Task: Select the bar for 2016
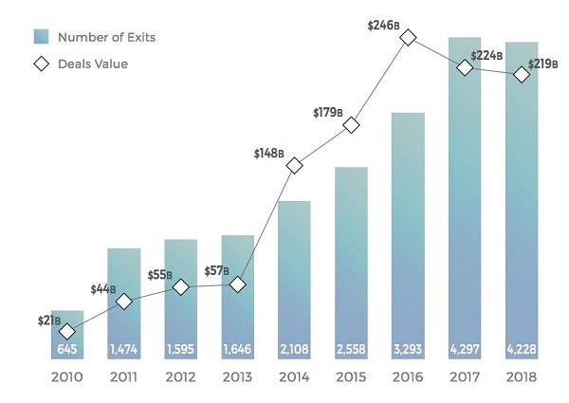point(408,237)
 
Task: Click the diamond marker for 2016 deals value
point(408,37)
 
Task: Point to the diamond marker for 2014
point(294,165)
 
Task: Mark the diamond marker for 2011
point(123,302)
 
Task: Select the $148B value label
point(268,152)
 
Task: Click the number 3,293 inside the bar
point(408,348)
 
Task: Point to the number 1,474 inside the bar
point(123,348)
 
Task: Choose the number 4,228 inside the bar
point(522,348)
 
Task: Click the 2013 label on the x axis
point(237,377)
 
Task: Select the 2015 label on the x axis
point(351,377)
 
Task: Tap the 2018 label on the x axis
point(522,377)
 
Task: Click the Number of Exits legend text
point(106,38)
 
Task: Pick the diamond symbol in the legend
point(41,64)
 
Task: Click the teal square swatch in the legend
point(41,38)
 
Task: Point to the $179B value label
point(328,113)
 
